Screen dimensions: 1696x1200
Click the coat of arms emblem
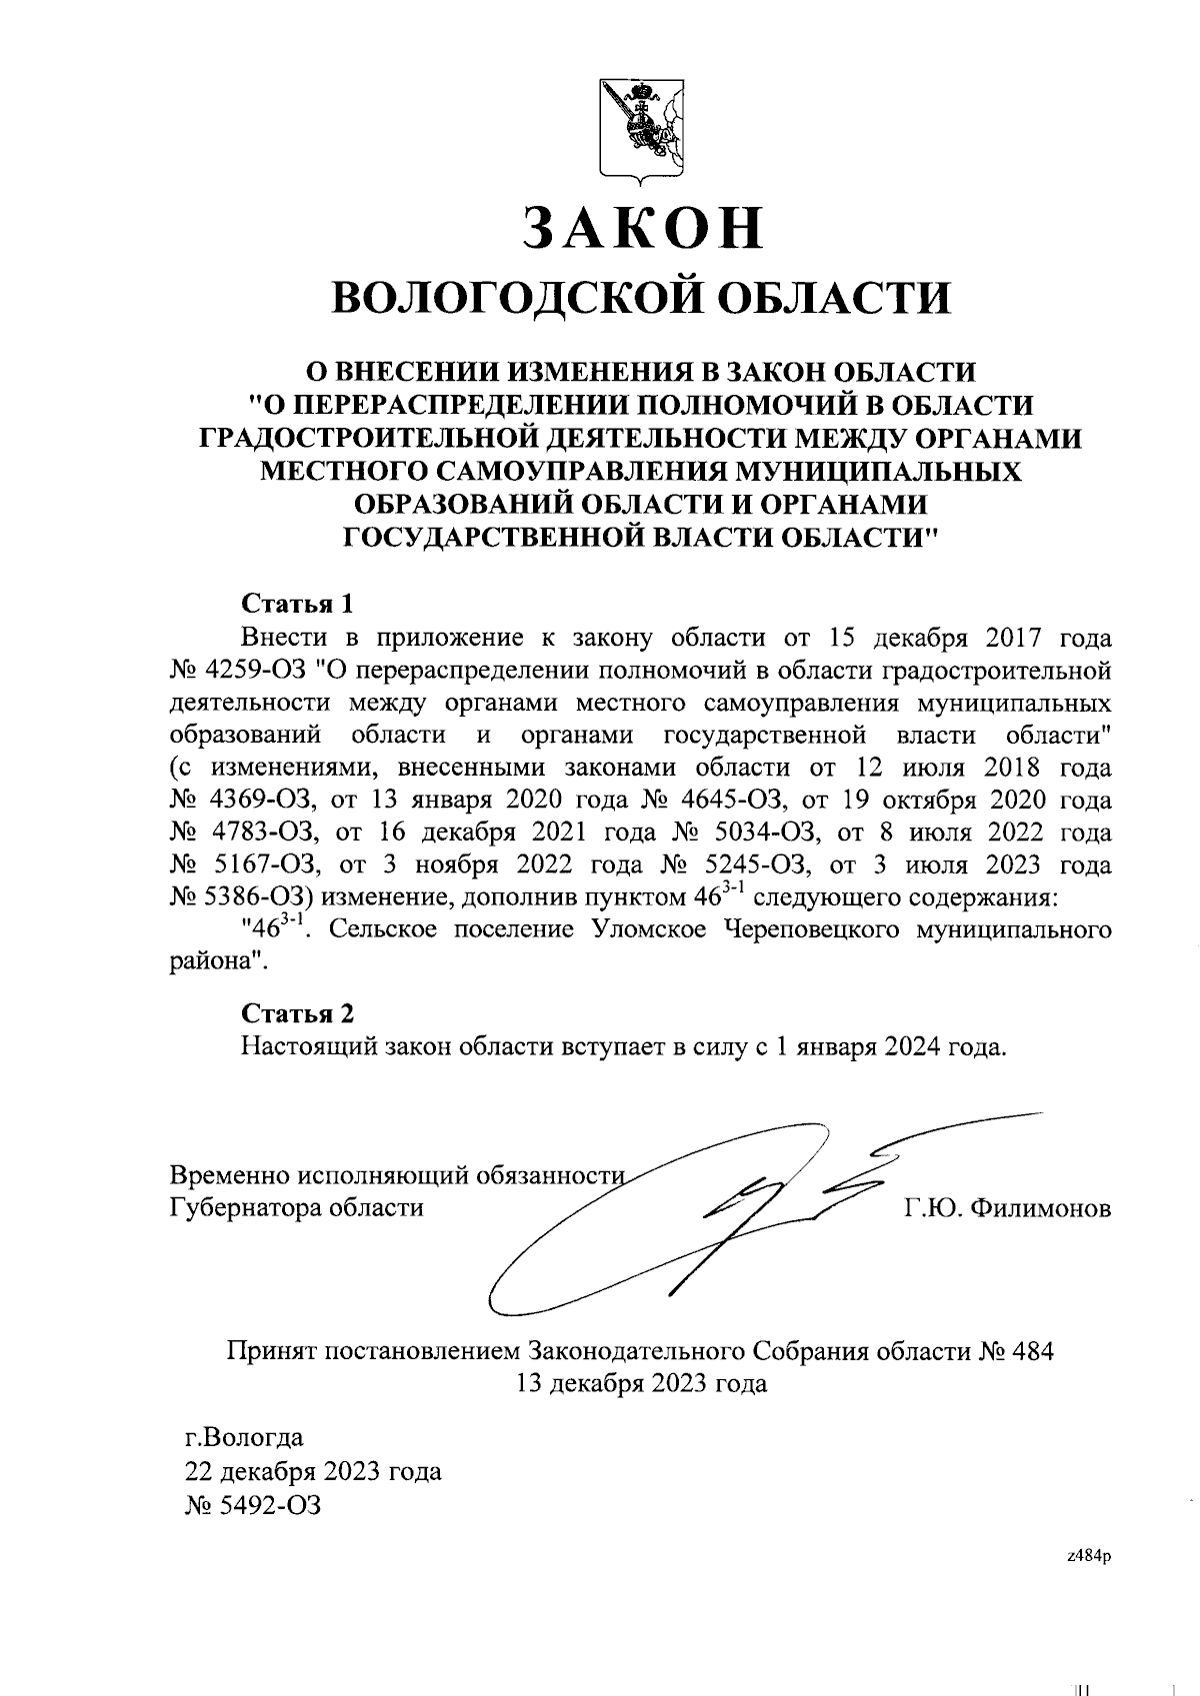click(x=641, y=127)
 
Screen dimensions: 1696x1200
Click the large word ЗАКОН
click(x=642, y=228)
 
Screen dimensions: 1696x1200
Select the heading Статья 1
click(x=298, y=604)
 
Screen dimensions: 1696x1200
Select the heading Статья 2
click(x=298, y=1013)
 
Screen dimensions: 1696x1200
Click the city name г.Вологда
click(x=244, y=1439)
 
